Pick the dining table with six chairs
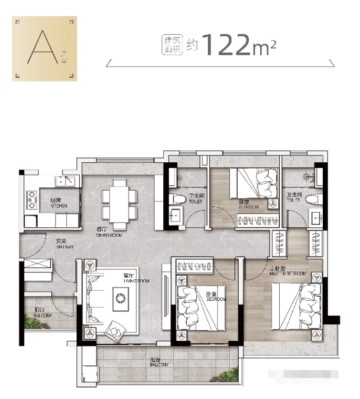click(120, 200)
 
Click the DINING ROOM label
click(109, 233)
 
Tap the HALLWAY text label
click(61, 244)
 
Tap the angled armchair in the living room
click(115, 330)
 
